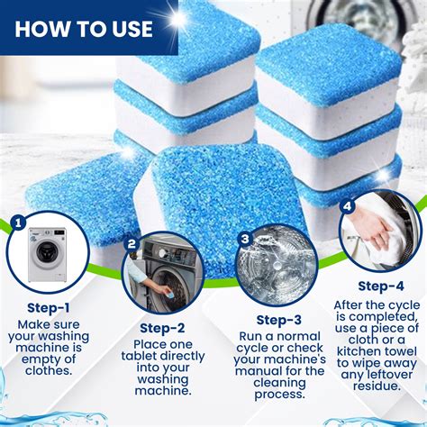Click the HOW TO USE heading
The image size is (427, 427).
(x=82, y=28)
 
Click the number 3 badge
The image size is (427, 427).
(x=244, y=239)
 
